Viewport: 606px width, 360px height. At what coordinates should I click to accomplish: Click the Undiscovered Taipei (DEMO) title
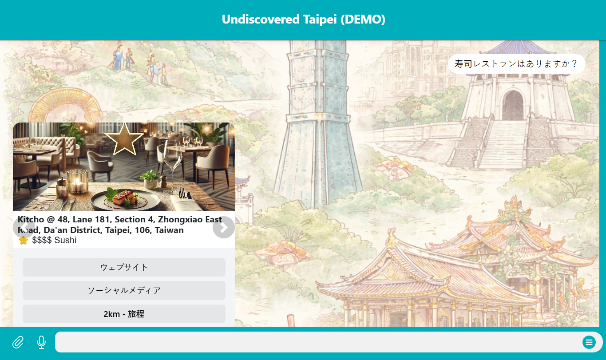pos(303,20)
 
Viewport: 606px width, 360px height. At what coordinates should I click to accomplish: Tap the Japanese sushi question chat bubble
pos(516,64)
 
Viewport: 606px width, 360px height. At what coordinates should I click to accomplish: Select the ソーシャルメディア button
pos(124,290)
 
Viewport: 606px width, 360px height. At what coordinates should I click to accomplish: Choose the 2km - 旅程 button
pos(124,314)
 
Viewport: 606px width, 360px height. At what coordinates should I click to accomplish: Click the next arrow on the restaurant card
pos(223,227)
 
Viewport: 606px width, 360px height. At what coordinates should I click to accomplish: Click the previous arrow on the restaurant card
pos(24,227)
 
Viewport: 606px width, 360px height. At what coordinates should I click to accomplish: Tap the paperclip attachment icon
pos(18,342)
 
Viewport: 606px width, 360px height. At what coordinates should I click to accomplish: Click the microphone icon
pos(41,342)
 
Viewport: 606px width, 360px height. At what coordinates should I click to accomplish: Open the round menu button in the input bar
pos(589,342)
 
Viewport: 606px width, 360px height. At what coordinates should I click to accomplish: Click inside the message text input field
pos(317,342)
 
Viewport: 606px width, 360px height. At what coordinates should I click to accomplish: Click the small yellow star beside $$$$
pos(24,240)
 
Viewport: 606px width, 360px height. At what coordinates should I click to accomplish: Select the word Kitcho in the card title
pos(31,219)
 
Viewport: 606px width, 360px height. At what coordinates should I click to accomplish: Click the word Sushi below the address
pos(65,240)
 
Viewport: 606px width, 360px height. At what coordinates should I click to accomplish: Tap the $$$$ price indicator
pos(42,240)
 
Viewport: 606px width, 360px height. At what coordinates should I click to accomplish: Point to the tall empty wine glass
pos(172,165)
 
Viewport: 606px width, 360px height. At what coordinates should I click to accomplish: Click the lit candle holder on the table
pos(78,182)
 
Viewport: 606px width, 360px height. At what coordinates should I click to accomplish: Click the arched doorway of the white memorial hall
pos(513,106)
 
